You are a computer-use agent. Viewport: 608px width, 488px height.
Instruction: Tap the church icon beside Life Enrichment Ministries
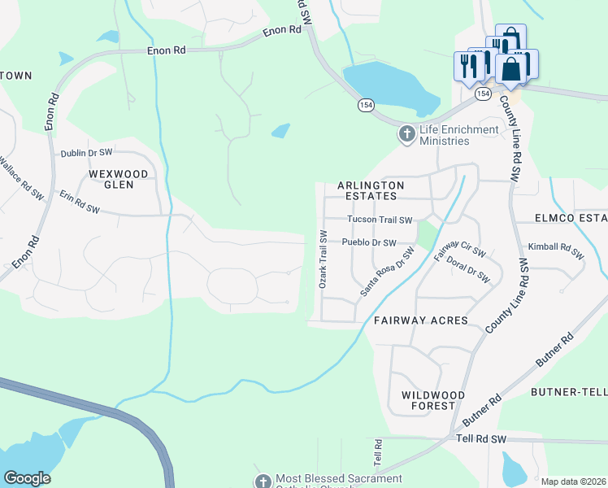coord(406,133)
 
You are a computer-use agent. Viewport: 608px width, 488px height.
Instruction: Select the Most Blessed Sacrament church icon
coord(263,481)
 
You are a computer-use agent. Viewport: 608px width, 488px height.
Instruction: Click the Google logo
coord(27,478)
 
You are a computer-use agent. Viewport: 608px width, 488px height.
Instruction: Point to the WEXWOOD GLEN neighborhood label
coord(119,180)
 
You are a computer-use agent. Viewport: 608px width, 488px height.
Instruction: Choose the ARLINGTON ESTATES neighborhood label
coord(375,190)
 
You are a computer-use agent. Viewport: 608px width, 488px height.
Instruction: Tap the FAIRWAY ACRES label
coord(421,320)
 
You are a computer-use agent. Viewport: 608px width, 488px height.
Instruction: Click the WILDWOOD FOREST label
coord(433,400)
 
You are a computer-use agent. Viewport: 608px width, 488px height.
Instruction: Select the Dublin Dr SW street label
coord(86,153)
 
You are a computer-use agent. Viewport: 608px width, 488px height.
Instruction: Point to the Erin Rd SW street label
coord(79,203)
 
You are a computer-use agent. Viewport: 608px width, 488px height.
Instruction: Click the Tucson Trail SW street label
coord(380,220)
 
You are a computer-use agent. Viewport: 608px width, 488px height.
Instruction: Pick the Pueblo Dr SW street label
coord(368,242)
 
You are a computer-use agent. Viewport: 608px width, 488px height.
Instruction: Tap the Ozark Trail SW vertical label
coord(323,259)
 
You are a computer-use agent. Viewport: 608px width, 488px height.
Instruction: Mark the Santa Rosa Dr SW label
coord(388,272)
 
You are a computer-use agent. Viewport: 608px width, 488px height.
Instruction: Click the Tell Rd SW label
coord(483,439)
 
